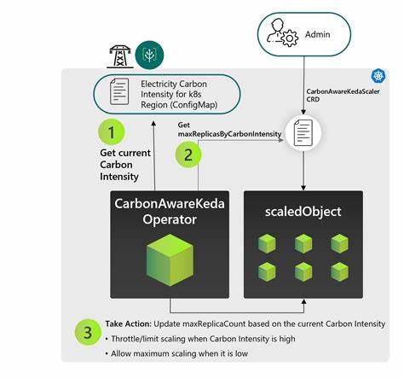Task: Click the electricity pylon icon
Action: tap(119, 56)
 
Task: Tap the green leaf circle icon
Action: tap(150, 55)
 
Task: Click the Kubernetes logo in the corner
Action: tap(377, 76)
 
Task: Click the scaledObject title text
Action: tap(303, 211)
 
